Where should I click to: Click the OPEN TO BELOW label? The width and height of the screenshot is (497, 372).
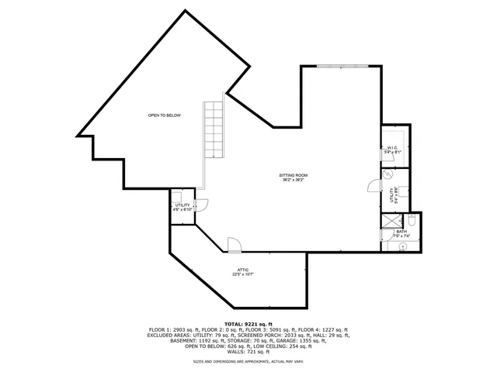point(165,115)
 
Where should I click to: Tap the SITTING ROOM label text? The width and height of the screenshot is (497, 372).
point(294,177)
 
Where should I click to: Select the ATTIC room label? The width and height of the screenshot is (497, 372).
point(243,272)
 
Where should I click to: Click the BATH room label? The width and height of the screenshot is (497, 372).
point(401,233)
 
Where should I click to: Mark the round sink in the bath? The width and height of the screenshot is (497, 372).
point(402,246)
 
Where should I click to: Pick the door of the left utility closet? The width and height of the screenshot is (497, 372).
point(200,205)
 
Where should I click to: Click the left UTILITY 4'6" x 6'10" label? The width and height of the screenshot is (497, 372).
point(182,207)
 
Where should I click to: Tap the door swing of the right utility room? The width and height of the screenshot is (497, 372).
point(374,185)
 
